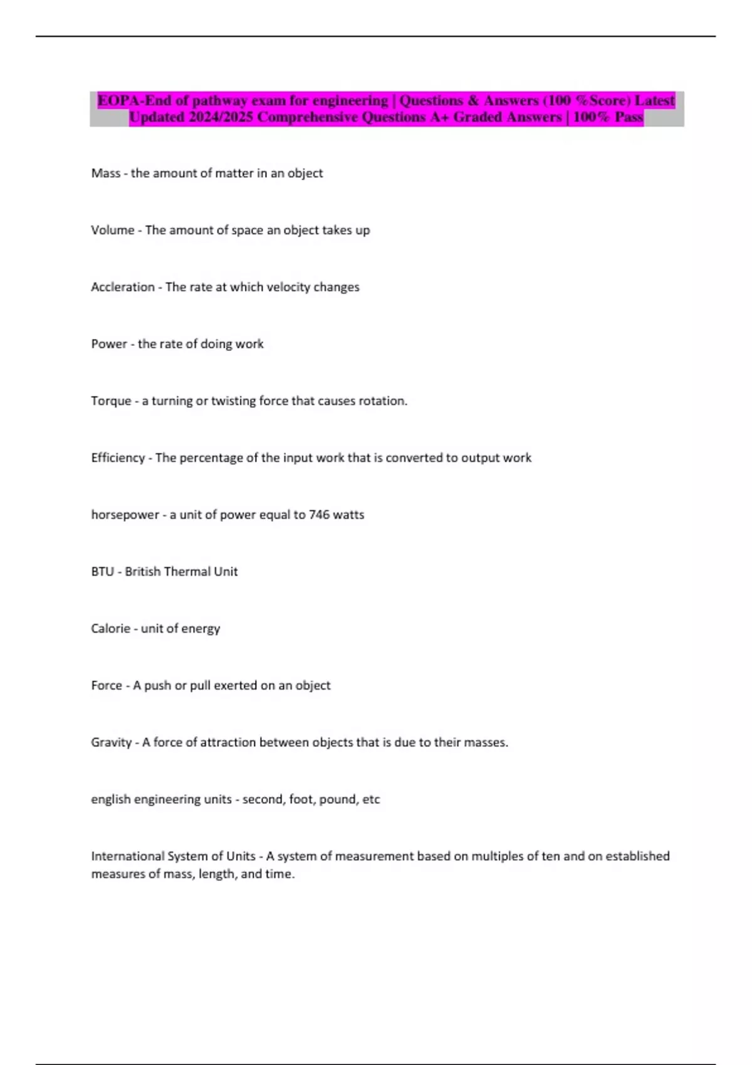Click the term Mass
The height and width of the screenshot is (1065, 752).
105,174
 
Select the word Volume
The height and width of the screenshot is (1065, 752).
113,231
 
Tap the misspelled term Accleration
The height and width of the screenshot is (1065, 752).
123,288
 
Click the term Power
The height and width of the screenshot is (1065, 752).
109,344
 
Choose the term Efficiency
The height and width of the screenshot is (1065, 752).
118,458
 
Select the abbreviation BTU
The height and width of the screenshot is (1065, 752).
102,572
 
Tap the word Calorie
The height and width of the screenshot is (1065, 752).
110,629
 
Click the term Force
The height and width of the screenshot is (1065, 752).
107,686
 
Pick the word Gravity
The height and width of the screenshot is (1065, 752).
112,743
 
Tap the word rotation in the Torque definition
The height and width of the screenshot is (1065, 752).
382,402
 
